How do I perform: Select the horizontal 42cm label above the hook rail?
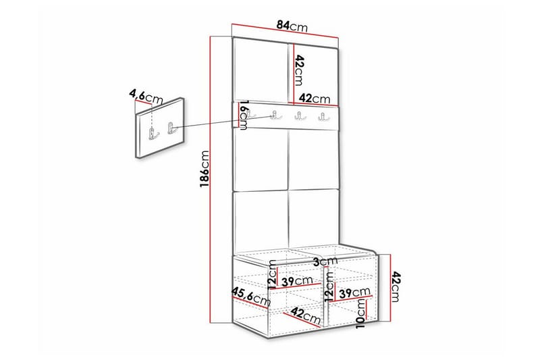[314, 98]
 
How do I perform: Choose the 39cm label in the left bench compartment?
[298, 282]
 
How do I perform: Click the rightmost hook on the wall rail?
[323, 118]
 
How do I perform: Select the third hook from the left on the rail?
[298, 117]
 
